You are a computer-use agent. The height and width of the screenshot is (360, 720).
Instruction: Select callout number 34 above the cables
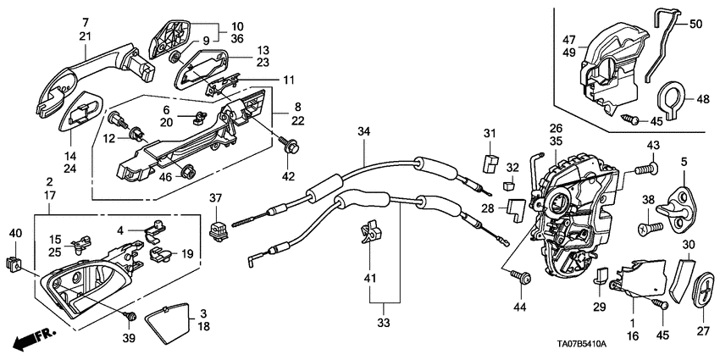[363, 131]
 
